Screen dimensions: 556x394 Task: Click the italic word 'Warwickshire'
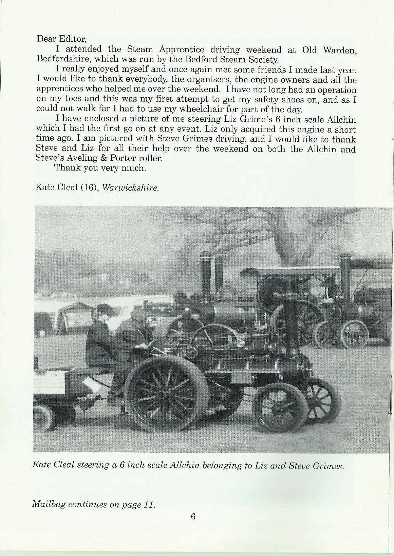130,187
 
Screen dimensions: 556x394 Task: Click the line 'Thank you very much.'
100,168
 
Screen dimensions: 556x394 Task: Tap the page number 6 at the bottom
193,516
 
